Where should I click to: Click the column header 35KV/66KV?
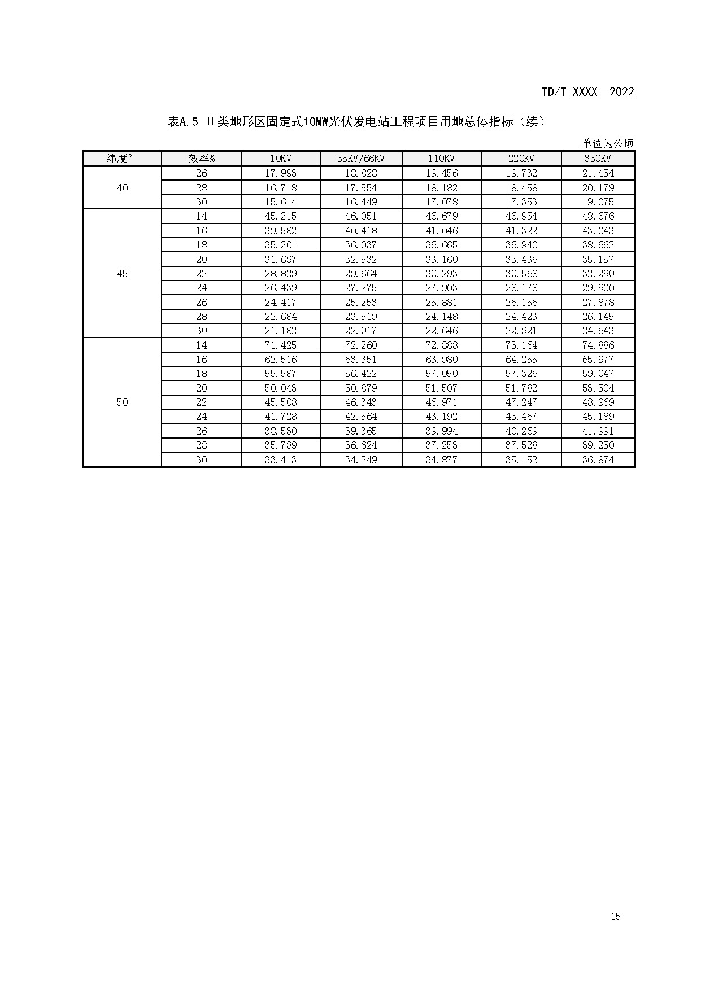tap(360, 159)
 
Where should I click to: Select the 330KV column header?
tap(598, 159)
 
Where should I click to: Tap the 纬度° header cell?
tap(122, 159)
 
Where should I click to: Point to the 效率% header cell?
tap(201, 159)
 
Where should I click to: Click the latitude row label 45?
tap(122, 274)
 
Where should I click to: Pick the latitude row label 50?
tap(122, 402)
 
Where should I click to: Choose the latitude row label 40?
tap(122, 188)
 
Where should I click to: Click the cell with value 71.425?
tap(281, 345)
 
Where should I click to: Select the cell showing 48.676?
tap(598, 216)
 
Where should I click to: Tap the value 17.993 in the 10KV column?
tap(281, 173)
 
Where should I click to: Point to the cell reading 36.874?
tap(598, 460)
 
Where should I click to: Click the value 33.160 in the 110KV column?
tap(442, 260)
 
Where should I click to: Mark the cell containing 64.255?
tap(521, 360)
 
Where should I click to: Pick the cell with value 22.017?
tap(360, 331)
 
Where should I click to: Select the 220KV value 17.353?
tap(521, 202)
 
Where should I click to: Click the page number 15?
tap(615, 916)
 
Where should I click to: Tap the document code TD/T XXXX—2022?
tap(587, 92)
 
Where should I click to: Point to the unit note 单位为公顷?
tap(608, 143)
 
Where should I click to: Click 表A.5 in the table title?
tap(182, 122)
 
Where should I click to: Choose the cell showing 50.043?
tap(281, 388)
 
